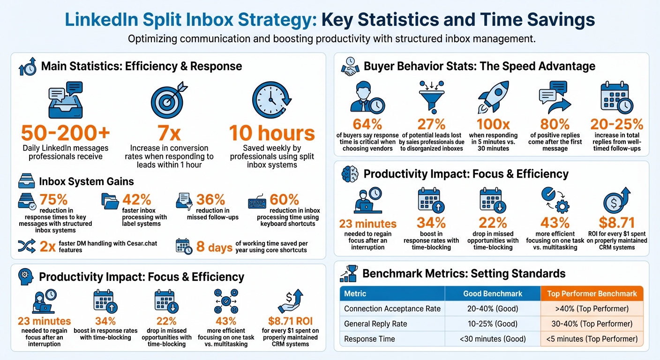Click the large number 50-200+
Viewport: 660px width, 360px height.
[66, 133]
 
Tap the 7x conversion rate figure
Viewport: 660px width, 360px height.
[169, 133]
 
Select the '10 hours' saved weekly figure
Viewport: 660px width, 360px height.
[272, 133]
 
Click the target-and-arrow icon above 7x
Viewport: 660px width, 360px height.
[169, 100]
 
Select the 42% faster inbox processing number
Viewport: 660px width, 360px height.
[136, 200]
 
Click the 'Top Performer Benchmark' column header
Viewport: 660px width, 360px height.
[592, 294]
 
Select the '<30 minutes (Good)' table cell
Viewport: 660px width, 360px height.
[492, 339]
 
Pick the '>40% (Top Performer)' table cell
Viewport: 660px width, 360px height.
[592, 309]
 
